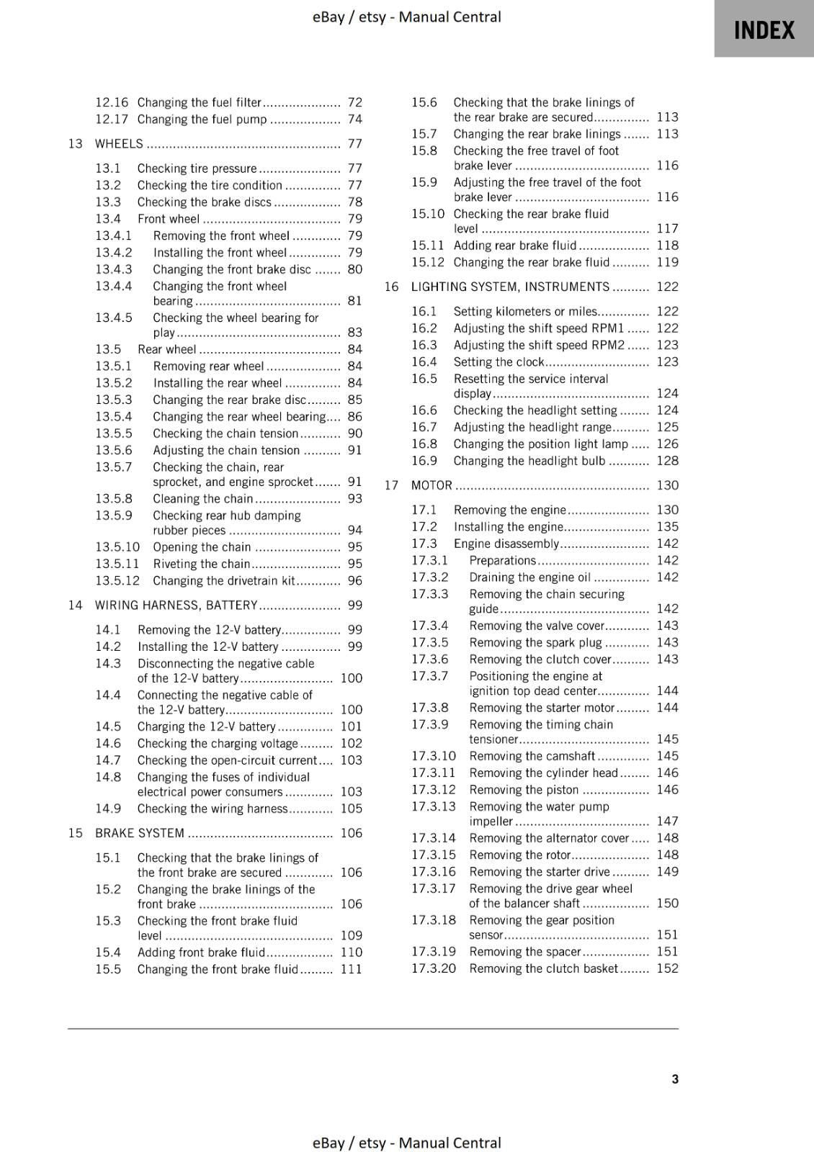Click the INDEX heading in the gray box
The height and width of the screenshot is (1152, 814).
click(x=764, y=31)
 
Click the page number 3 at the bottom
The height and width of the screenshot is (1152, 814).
click(x=674, y=1079)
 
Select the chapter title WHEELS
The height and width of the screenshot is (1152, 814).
click(x=120, y=144)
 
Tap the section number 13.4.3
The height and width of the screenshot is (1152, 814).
click(x=114, y=269)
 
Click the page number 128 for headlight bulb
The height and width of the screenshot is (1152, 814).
click(x=667, y=461)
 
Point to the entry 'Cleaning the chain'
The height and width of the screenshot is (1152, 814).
click(x=202, y=498)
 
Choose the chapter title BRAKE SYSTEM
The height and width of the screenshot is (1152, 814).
click(x=140, y=833)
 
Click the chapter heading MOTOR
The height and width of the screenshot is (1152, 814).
click(x=431, y=485)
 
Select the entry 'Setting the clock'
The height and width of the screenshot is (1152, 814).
click(x=498, y=362)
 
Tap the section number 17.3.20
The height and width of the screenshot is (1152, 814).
click(x=434, y=968)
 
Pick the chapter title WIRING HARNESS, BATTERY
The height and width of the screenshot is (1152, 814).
click(x=176, y=606)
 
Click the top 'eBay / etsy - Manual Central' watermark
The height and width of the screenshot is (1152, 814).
click(x=406, y=17)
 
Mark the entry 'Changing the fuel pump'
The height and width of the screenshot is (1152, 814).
click(x=202, y=120)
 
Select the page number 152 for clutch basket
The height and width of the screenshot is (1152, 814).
click(x=667, y=968)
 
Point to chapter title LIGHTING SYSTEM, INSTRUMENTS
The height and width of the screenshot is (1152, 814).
click(x=510, y=287)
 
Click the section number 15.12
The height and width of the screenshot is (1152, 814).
click(x=427, y=262)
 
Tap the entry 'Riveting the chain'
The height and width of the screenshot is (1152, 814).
click(x=201, y=564)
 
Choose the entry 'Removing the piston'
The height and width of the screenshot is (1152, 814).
click(x=524, y=790)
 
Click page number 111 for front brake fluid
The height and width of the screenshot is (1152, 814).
click(x=351, y=969)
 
